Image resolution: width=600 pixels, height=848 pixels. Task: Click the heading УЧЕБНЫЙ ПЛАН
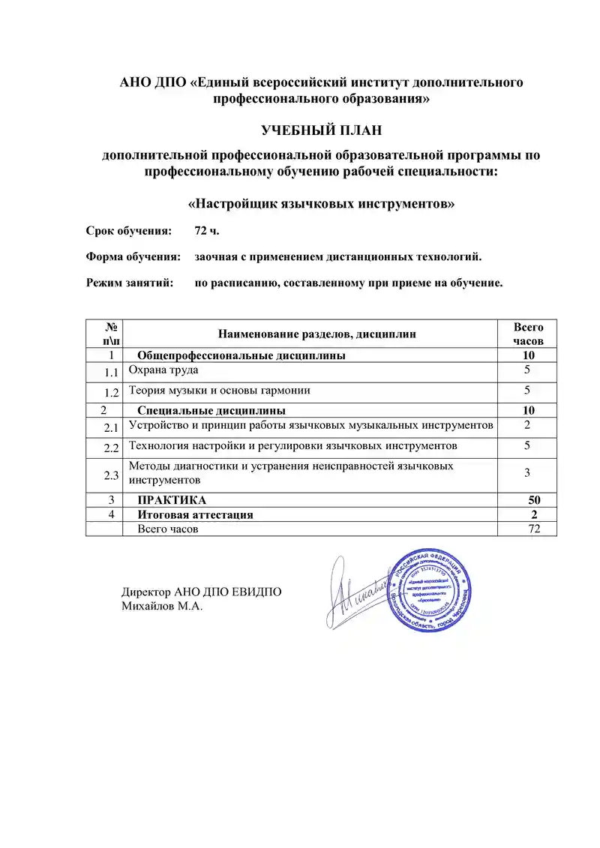(x=321, y=130)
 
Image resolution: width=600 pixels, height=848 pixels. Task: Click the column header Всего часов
(x=528, y=334)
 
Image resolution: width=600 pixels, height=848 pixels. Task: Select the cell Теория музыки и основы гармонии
(x=220, y=391)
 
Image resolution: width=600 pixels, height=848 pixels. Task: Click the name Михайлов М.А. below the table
(x=162, y=606)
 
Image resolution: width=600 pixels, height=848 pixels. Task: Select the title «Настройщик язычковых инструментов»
(x=321, y=203)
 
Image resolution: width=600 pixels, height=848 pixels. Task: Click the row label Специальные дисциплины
(x=211, y=411)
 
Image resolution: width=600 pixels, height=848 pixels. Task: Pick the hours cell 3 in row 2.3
(x=528, y=472)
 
